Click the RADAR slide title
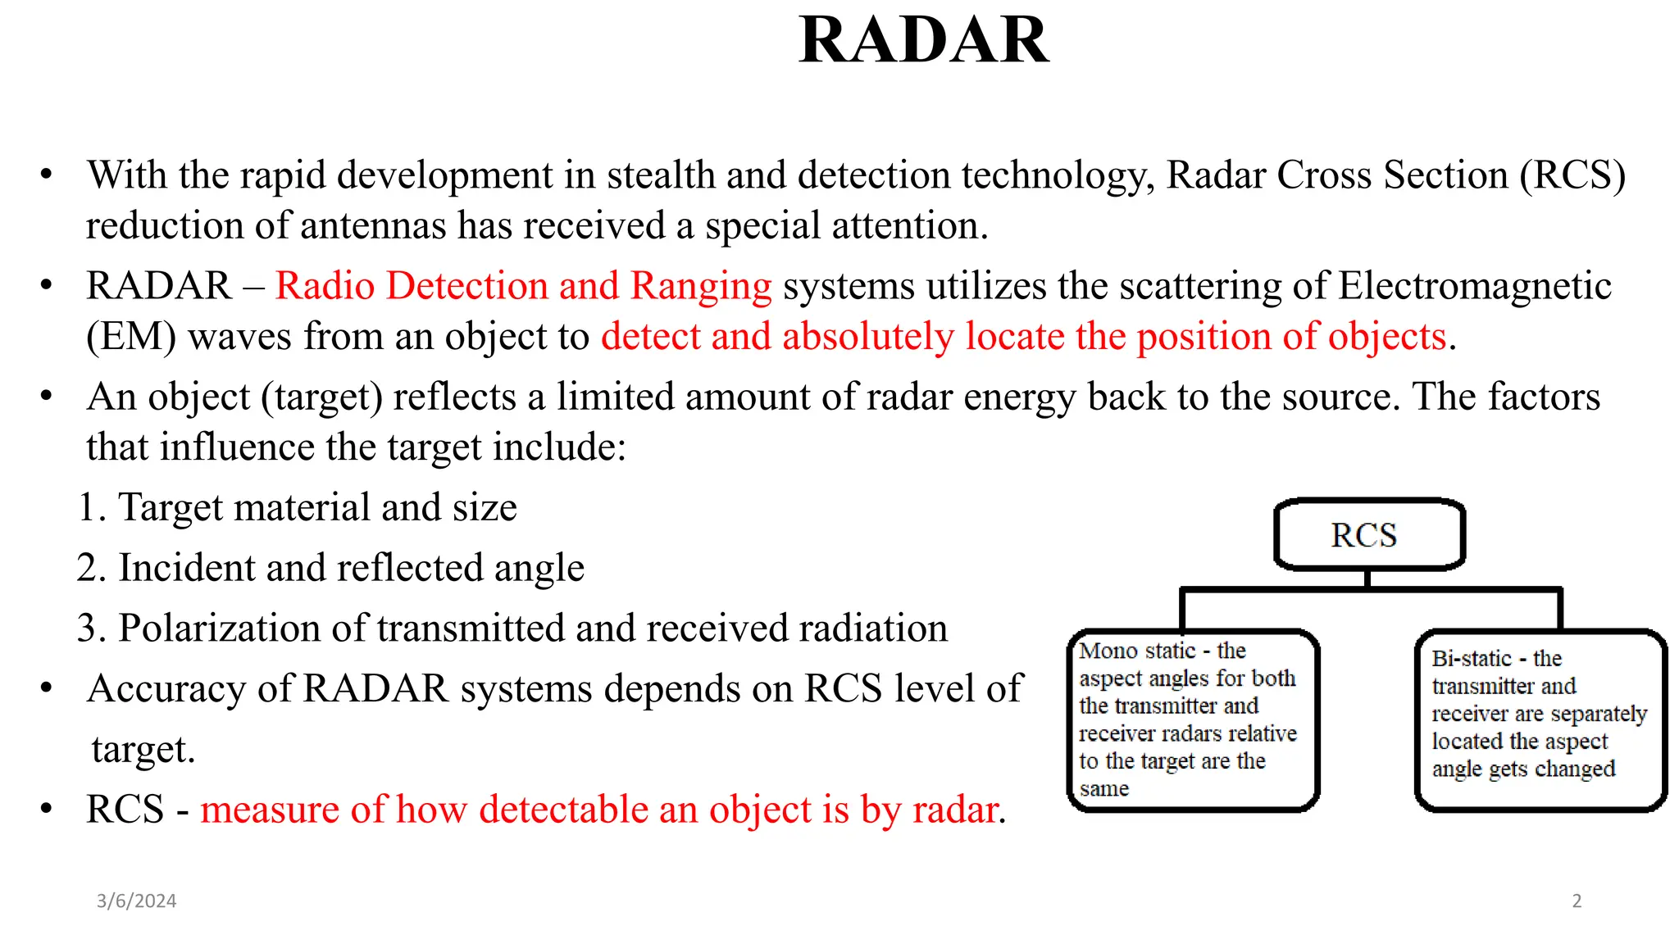tap(923, 41)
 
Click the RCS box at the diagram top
tap(1367, 535)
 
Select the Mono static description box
tap(1193, 719)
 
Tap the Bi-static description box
tap(1540, 719)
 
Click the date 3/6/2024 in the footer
tap(136, 901)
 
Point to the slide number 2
tap(1577, 901)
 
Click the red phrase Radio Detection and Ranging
tap(523, 286)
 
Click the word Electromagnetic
tap(1474, 286)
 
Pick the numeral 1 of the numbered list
tap(89, 508)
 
